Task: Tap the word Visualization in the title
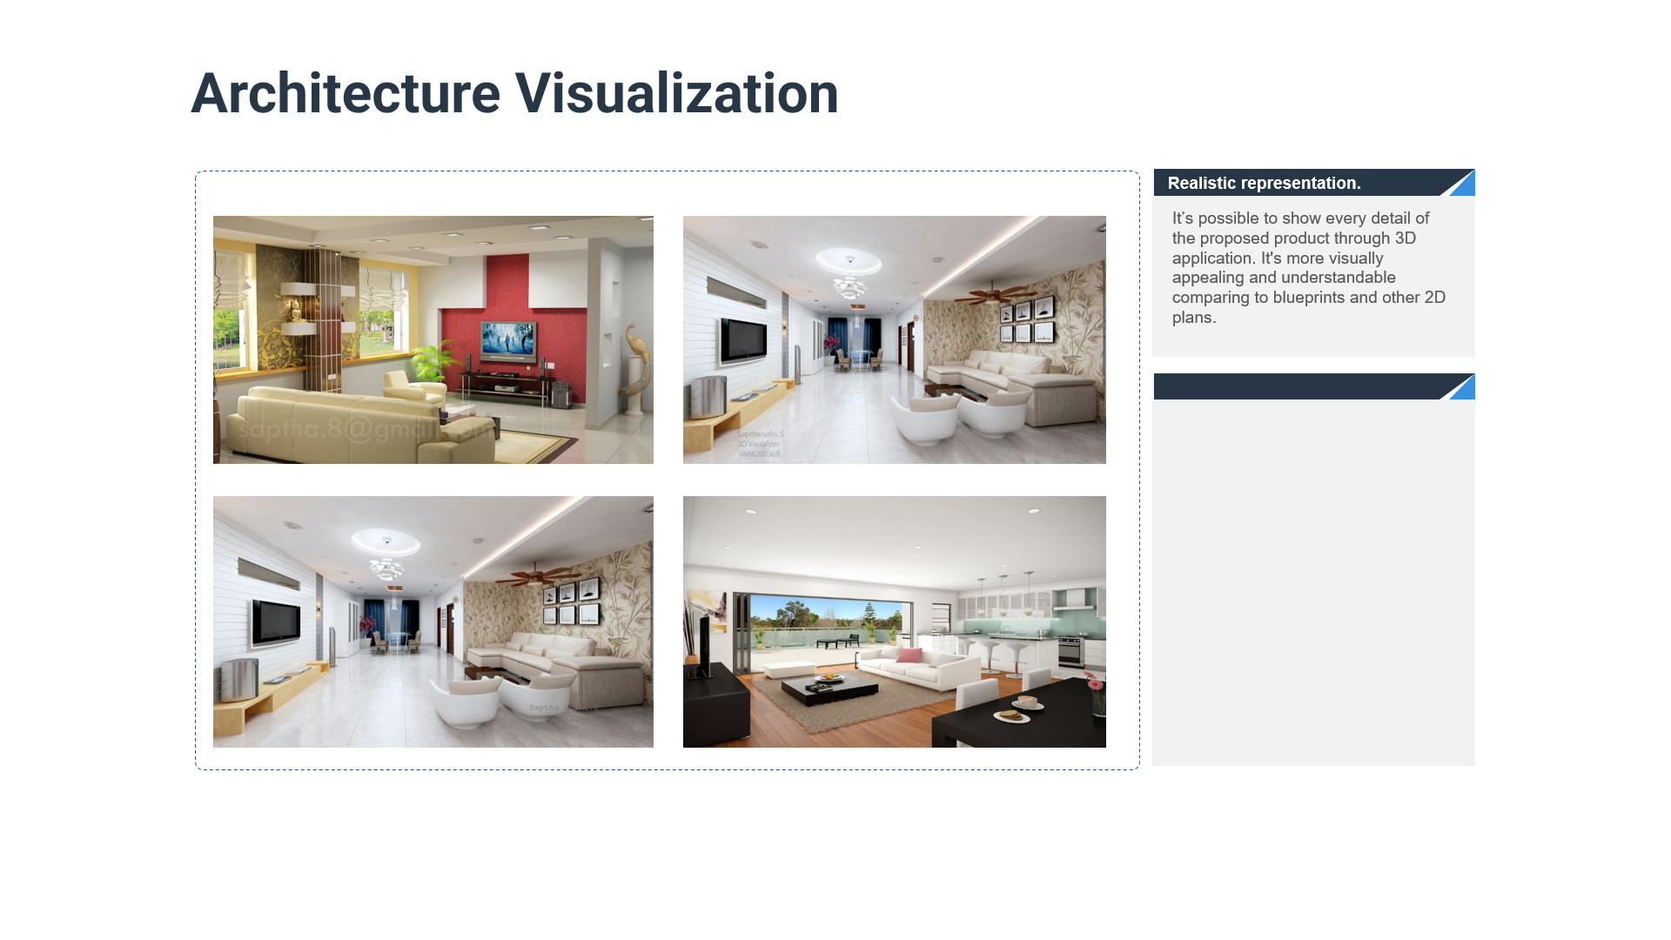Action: click(676, 94)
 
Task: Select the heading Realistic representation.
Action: click(1264, 184)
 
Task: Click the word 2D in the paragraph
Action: click(1434, 298)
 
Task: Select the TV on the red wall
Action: click(509, 338)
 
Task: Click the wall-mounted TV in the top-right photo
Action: click(742, 340)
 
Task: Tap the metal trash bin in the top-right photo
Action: click(708, 397)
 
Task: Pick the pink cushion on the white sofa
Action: click(909, 655)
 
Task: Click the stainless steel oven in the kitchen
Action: click(1070, 651)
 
